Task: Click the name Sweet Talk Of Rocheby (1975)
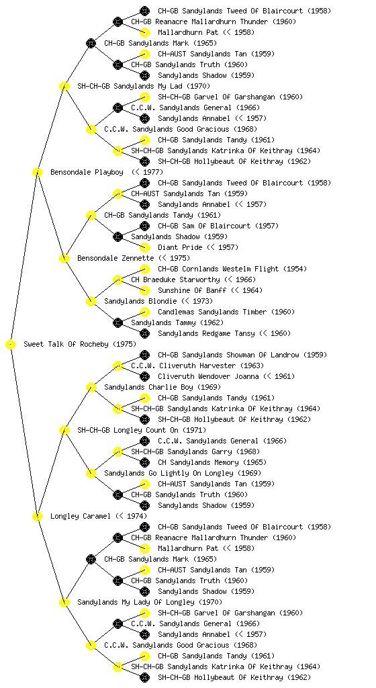(x=80, y=345)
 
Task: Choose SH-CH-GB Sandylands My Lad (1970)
(x=144, y=87)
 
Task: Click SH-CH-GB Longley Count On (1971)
(x=142, y=431)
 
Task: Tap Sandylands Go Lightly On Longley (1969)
(x=183, y=474)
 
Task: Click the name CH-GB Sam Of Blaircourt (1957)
(x=218, y=226)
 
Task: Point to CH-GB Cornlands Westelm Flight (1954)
(x=232, y=269)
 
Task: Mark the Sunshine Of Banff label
(x=210, y=290)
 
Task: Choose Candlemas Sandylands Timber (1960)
(x=226, y=312)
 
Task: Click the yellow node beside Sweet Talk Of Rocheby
(x=11, y=345)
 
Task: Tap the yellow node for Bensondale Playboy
(x=37, y=173)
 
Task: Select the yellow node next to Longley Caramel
(x=37, y=517)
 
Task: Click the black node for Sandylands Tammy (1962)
(x=117, y=323)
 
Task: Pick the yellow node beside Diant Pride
(x=144, y=247)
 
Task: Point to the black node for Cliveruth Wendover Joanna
(x=144, y=376)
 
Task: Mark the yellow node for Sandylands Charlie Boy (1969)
(x=91, y=388)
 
